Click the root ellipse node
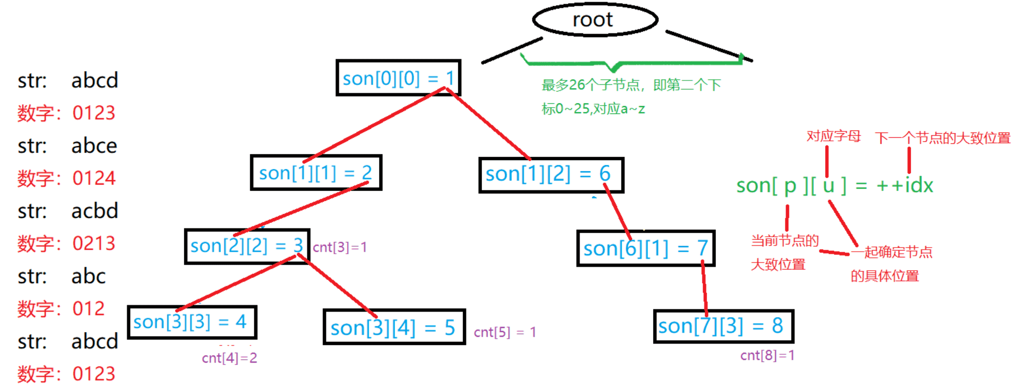coord(594,20)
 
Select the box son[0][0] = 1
coord(398,78)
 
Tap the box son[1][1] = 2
coord(316,173)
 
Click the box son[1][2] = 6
coord(551,175)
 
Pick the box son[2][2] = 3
coord(247,246)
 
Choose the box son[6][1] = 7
coord(645,248)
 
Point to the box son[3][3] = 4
coord(192,322)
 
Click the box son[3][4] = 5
coord(394,327)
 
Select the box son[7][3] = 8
coord(723,326)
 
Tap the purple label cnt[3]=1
coord(339,247)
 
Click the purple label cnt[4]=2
coord(229,358)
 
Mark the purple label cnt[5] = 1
coord(505,332)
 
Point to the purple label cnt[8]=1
coord(767,355)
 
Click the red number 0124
coord(94,178)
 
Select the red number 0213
coord(94,244)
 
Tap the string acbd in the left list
coord(95,211)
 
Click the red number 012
coord(88,309)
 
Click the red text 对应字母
coord(833,136)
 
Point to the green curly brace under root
coord(630,63)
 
